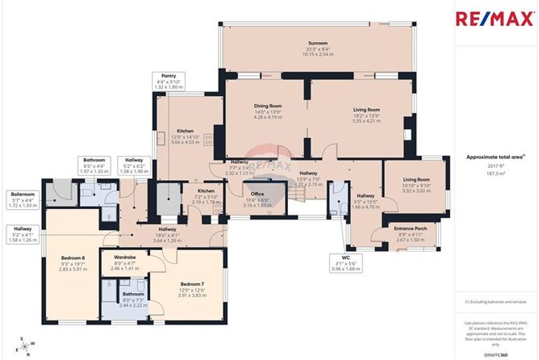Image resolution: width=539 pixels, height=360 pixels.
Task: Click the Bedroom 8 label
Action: coord(72,259)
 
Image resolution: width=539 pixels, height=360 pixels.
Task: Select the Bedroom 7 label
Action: coord(191,284)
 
